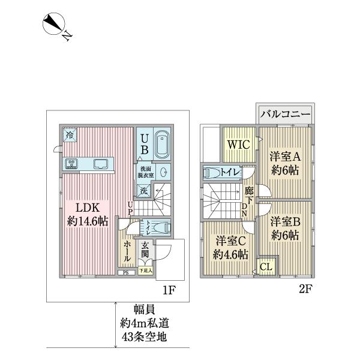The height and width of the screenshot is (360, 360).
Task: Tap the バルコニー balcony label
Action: [x=284, y=114]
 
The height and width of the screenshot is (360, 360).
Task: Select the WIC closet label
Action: [x=238, y=145]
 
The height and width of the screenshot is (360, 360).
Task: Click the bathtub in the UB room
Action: [x=162, y=144]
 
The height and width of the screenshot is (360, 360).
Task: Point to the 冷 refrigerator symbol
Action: [x=70, y=135]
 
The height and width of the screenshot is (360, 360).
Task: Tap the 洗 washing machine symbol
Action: [x=143, y=191]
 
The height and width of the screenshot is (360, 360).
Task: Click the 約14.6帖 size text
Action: [x=88, y=221]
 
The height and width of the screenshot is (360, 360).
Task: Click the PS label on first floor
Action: [x=125, y=274]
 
